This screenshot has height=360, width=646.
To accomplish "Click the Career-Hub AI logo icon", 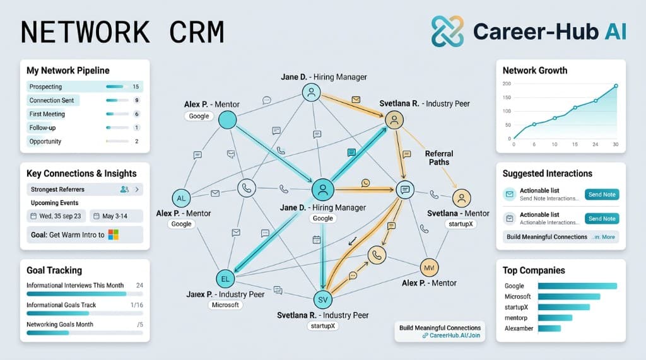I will point(447,31).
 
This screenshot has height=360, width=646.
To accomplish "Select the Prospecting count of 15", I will point(136,86).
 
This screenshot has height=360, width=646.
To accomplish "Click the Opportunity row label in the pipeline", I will point(45,141).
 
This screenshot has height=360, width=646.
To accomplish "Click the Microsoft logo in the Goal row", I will point(114,235).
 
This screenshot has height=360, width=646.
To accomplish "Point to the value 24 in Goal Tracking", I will point(139,286).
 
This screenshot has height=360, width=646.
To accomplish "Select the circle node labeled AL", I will point(181,198).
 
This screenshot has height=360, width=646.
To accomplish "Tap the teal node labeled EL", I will point(225,278).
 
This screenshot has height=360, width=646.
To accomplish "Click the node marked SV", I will point(322,299).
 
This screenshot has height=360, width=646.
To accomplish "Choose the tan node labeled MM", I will point(429,267).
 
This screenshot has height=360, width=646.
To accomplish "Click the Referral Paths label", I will point(438,158).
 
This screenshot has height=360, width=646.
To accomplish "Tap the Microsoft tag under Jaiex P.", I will point(225,305).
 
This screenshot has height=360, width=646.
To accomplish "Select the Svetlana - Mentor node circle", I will point(462,198).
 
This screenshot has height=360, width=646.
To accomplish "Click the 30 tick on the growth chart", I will point(615,145).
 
